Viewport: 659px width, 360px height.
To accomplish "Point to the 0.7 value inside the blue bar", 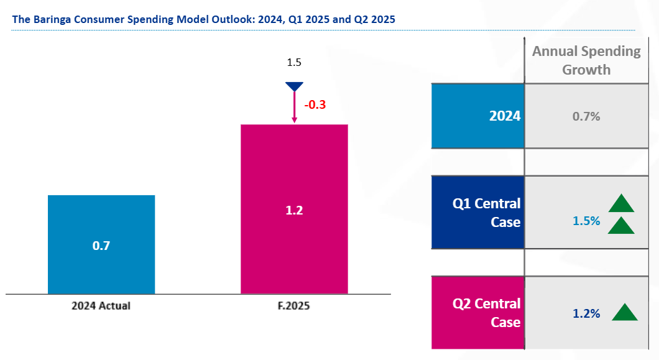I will pyautogui.click(x=101, y=246).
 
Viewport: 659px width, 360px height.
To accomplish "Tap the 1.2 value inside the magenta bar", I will pyautogui.click(x=293, y=211).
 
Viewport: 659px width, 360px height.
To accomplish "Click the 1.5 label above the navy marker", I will pyautogui.click(x=293, y=63).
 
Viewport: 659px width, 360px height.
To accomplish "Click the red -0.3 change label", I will pyautogui.click(x=315, y=104).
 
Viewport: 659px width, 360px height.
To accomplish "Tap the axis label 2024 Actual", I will pyautogui.click(x=101, y=306).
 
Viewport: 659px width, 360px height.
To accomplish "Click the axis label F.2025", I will pyautogui.click(x=293, y=306).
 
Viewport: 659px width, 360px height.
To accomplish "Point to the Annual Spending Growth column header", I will pyautogui.click(x=586, y=60).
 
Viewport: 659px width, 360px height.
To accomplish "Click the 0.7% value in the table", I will pyautogui.click(x=586, y=116).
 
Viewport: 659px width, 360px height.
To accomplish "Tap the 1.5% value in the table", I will pyautogui.click(x=586, y=221).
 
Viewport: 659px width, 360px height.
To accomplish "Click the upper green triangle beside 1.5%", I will pyautogui.click(x=620, y=204).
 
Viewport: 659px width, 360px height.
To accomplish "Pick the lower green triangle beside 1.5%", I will pyautogui.click(x=620, y=226).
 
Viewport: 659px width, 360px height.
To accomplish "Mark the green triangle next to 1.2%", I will pyautogui.click(x=625, y=313).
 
